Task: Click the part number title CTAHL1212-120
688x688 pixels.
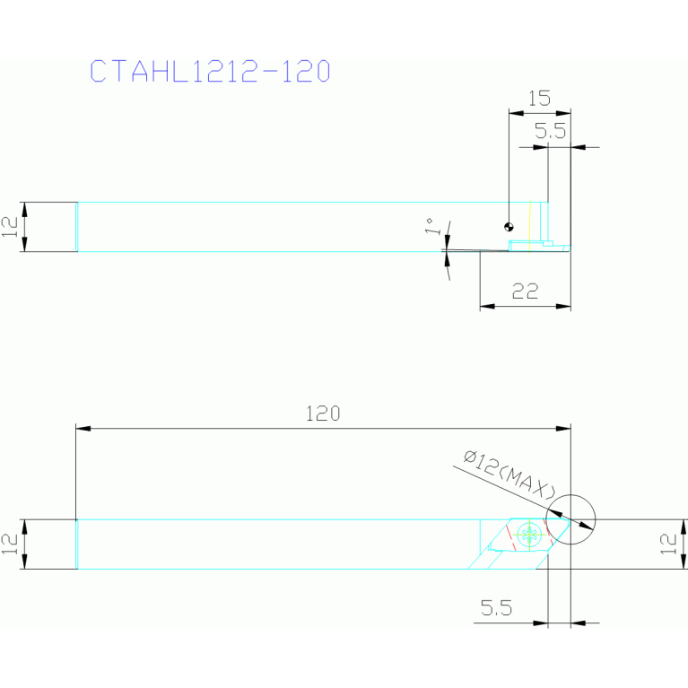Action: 211,72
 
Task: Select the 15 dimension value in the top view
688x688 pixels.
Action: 539,98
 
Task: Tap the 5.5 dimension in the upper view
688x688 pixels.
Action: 551,132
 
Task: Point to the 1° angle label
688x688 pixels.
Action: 431,226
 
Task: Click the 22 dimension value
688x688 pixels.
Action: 525,291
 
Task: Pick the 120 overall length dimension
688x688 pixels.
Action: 323,414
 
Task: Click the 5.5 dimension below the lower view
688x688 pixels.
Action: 495,608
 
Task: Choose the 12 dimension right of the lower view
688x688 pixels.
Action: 666,544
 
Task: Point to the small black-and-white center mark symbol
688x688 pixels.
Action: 509,226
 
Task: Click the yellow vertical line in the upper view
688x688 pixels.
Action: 530,222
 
